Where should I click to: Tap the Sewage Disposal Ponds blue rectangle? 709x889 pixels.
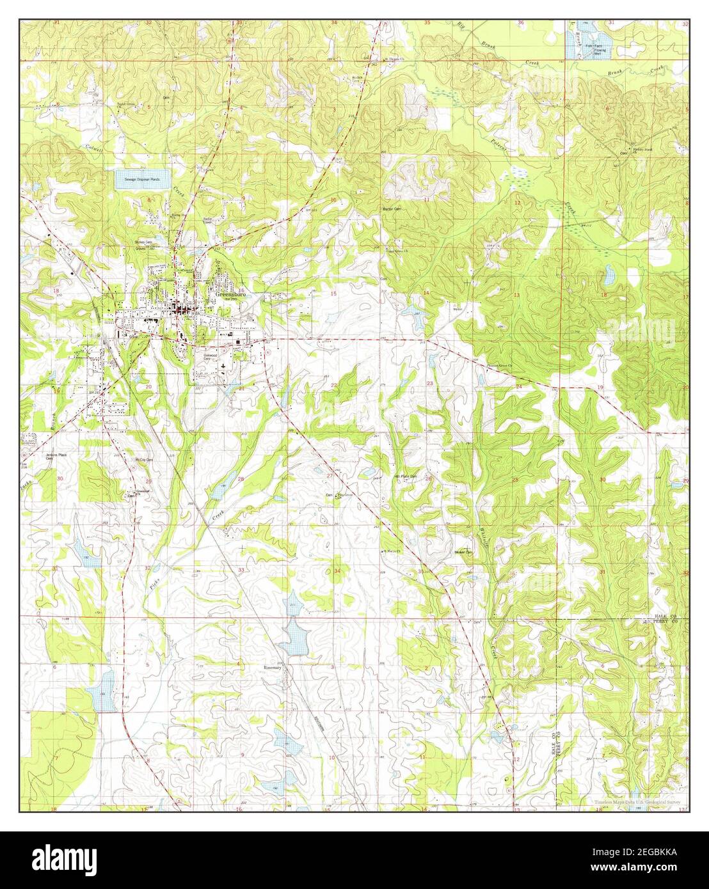click(x=142, y=180)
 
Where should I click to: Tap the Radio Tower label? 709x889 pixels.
click(x=209, y=221)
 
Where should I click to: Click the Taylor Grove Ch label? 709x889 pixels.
click(x=127, y=105)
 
